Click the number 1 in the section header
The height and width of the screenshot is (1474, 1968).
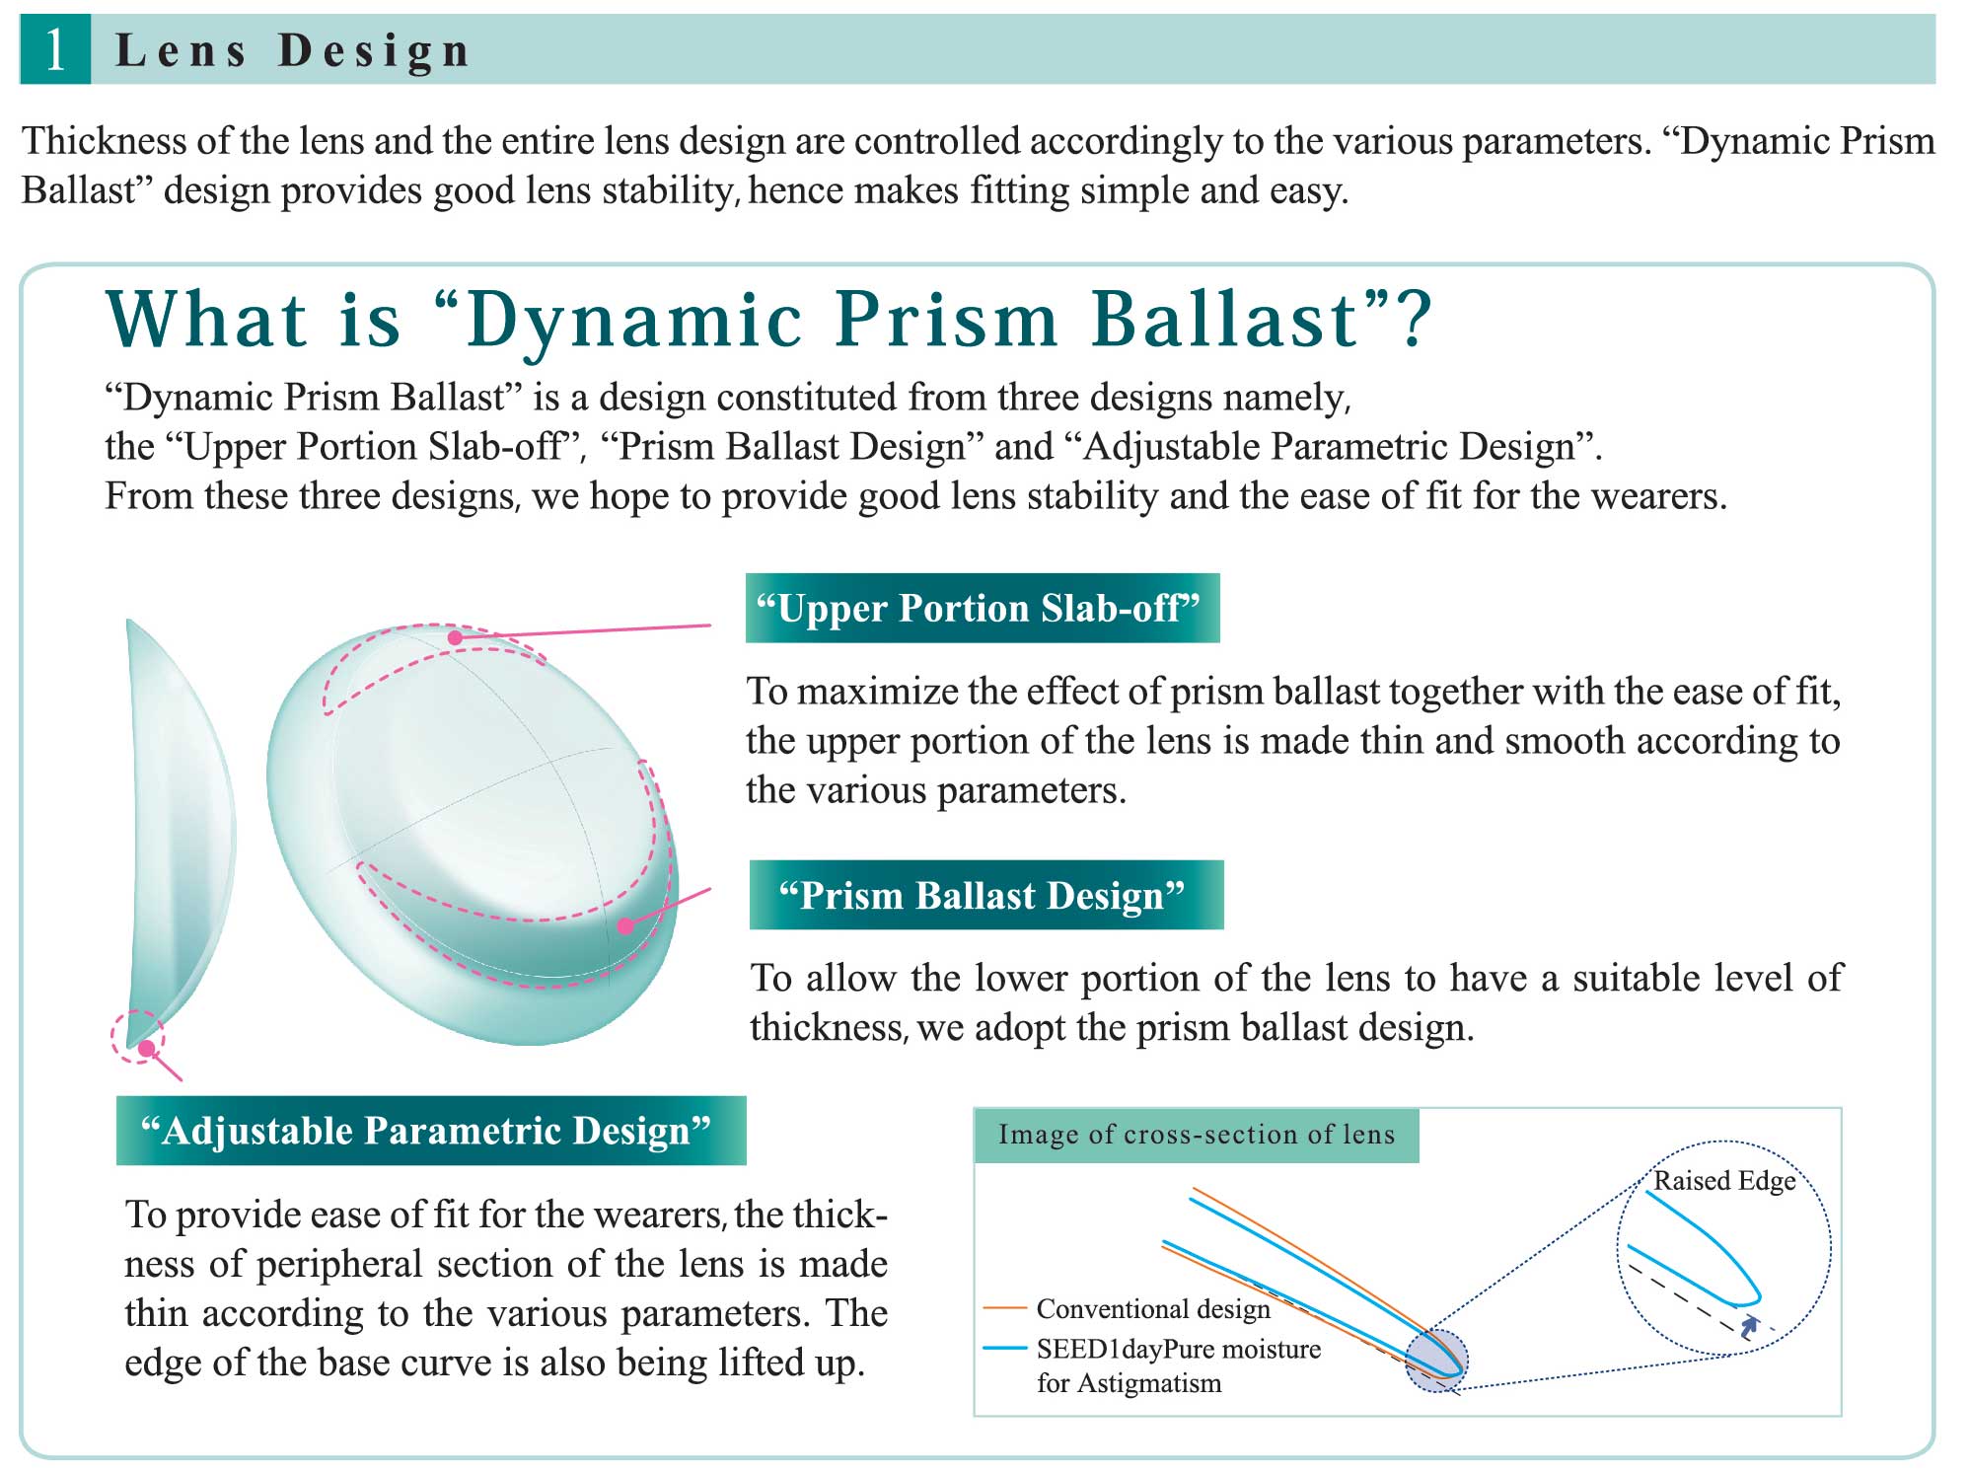point(55,49)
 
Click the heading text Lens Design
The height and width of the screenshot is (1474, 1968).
point(293,50)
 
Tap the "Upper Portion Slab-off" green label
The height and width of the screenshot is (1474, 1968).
point(983,608)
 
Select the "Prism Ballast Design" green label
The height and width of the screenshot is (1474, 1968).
point(986,895)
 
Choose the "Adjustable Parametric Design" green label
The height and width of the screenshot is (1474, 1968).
point(431,1130)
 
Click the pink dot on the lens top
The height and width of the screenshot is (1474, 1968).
point(455,637)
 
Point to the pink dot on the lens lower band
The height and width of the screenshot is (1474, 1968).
point(625,925)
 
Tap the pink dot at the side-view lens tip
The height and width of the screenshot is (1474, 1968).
point(146,1048)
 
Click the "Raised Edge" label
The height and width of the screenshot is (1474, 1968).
point(1724,1180)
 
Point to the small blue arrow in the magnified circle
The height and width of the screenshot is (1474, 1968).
point(1749,1325)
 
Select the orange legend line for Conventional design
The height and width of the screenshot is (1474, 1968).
point(1006,1308)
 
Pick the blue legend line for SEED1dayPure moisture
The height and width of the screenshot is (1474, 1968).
point(1006,1348)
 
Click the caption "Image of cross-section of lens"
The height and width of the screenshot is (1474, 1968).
point(1197,1135)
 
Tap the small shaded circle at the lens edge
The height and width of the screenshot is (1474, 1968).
point(1437,1361)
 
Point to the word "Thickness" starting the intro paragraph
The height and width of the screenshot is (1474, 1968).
point(105,141)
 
